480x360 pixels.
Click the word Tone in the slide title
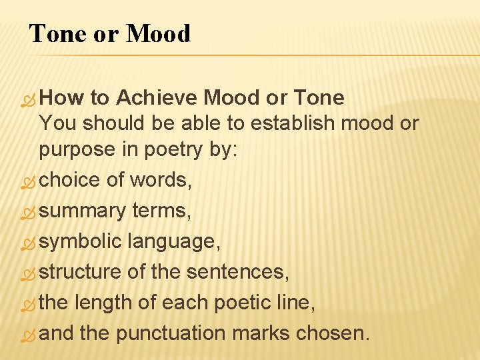tap(57, 33)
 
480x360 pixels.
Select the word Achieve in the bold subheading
tap(157, 98)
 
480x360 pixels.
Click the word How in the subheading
tap(61, 98)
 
